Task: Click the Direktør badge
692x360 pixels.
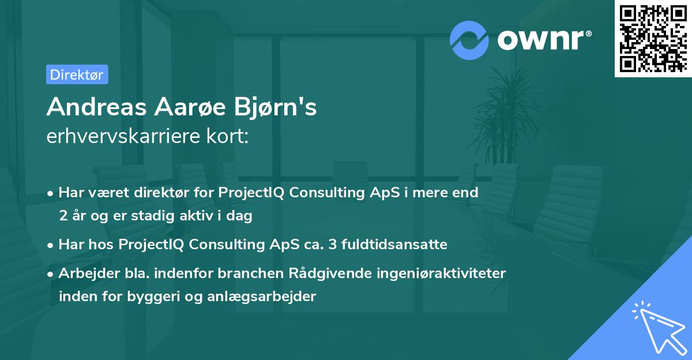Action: [77, 74]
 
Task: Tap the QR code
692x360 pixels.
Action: [653, 39]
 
